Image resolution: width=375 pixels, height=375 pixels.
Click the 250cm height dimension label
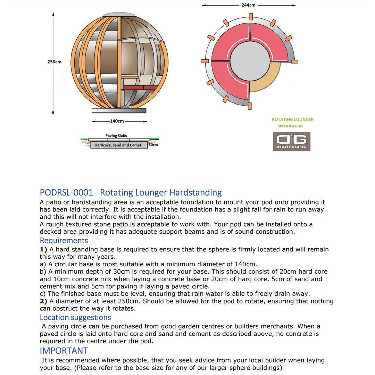tap(54, 62)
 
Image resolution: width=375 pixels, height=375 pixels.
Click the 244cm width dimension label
tap(248, 5)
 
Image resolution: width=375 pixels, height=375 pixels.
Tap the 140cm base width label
tap(117, 121)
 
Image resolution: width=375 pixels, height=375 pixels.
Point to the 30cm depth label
tap(153, 144)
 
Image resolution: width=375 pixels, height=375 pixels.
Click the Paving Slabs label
tap(116, 136)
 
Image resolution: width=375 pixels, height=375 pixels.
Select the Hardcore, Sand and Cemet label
tap(118, 145)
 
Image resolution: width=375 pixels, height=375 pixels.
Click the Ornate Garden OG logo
tap(291, 141)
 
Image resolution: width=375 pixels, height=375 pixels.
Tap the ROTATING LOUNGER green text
tap(292, 119)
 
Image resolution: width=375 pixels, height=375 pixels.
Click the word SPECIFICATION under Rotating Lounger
tap(290, 126)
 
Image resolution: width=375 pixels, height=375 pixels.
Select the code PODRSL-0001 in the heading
tap(66, 193)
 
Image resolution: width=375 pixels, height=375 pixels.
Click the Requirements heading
tap(64, 241)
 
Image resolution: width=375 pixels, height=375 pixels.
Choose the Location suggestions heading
tap(75, 317)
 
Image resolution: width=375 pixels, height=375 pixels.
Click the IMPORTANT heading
tap(64, 351)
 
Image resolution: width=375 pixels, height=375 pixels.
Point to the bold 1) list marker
tap(43, 249)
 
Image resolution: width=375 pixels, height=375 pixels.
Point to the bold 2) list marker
tap(43, 301)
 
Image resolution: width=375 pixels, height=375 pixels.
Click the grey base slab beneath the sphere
tap(119, 110)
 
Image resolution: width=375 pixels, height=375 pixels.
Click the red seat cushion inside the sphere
tap(139, 87)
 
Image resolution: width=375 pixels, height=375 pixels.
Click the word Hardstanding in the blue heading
tap(195, 193)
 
